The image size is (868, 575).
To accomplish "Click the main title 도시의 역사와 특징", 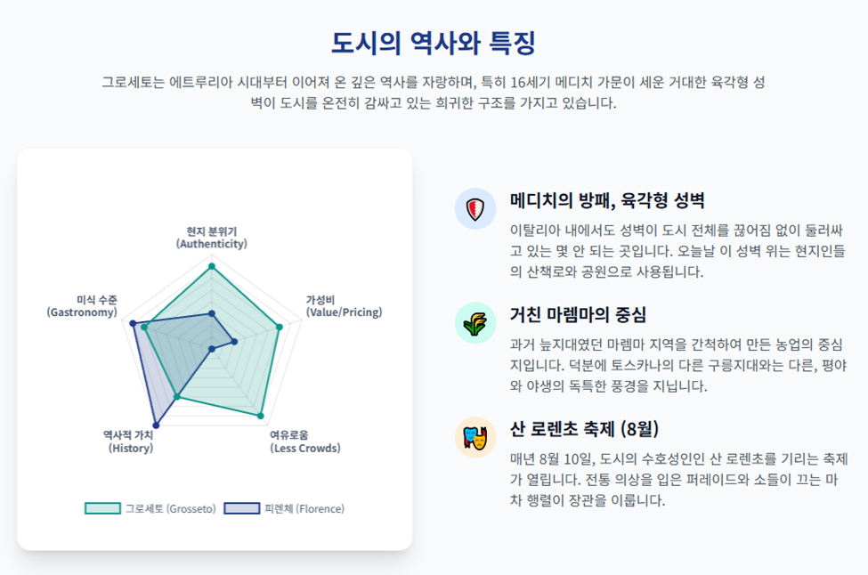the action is tap(434, 43).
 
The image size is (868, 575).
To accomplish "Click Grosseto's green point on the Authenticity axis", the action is tap(212, 267).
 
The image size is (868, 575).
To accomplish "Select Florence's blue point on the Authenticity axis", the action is tap(212, 314).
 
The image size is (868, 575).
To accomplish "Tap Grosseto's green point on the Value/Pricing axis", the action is tap(280, 327).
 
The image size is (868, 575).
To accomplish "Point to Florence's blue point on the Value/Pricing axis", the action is tap(234, 342).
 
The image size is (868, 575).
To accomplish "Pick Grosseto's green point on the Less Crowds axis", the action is tap(261, 416).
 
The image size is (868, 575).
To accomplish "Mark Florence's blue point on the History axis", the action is tap(156, 425).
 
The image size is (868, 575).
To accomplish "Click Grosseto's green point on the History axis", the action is tap(177, 396).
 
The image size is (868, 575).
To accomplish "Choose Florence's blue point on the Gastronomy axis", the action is tap(133, 324).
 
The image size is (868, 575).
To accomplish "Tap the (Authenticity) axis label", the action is tap(212, 244).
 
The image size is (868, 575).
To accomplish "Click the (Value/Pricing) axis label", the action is tap(345, 312).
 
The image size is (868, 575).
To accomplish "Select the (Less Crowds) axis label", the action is tap(305, 449).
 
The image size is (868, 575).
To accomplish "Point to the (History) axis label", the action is tap(131, 449).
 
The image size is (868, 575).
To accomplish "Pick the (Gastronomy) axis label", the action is tap(82, 312).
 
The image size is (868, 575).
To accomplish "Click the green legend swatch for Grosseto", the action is tap(102, 508).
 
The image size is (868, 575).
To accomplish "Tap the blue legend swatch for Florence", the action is tap(242, 508).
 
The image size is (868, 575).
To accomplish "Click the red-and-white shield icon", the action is tap(475, 209).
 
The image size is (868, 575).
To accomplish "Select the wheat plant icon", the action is tap(475, 324).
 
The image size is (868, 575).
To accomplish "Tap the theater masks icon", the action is tap(475, 438).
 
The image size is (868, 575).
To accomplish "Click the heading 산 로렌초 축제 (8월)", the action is tap(584, 429).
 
